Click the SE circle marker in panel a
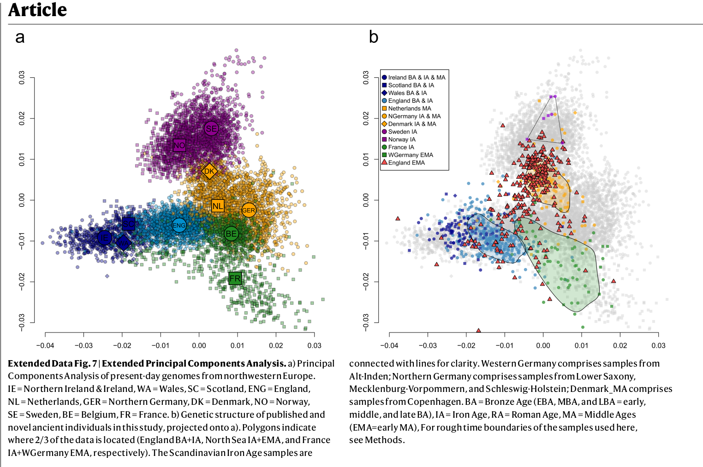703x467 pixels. click(211, 128)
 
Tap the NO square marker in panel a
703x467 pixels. click(179, 146)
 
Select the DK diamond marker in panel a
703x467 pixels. click(209, 171)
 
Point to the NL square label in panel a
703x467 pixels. click(218, 206)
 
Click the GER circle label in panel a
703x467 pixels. click(249, 210)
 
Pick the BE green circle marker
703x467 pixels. click(231, 233)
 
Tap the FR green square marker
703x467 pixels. click(235, 278)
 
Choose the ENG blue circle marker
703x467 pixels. click(179, 225)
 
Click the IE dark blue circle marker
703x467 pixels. click(105, 238)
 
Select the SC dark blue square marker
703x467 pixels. click(128, 224)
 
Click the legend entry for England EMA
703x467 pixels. click(406, 163)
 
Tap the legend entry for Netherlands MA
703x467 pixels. click(409, 108)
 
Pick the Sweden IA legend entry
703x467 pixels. click(402, 132)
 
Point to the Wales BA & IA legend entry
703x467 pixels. click(407, 93)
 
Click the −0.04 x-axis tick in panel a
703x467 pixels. click(45, 345)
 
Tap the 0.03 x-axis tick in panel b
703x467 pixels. click(658, 345)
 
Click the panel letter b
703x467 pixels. click(374, 37)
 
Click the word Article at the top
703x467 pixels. click(38, 10)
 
